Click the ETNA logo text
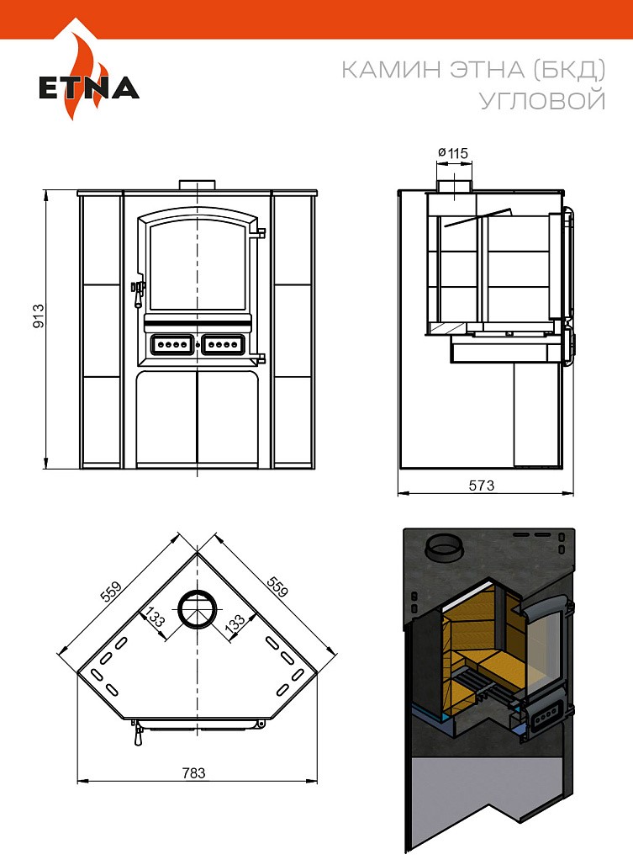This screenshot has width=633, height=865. (x=89, y=88)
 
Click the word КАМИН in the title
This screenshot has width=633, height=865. (x=392, y=70)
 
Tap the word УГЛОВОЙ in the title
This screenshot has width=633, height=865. (x=543, y=101)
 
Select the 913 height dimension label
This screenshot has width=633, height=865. (x=39, y=316)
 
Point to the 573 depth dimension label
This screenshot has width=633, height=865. (x=482, y=486)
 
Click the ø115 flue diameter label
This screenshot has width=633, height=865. (x=453, y=153)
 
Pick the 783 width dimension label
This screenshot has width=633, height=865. (x=193, y=773)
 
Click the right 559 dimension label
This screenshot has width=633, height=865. (x=277, y=586)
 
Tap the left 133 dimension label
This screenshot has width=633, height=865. (x=154, y=618)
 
